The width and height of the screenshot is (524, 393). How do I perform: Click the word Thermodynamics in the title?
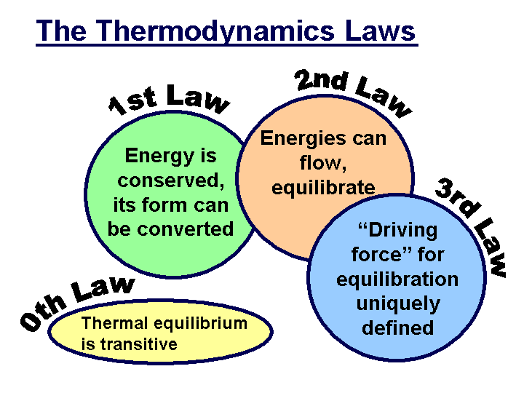[x=216, y=31]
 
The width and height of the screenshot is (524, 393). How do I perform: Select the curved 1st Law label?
[x=170, y=100]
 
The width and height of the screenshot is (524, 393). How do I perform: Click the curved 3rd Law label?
[x=472, y=227]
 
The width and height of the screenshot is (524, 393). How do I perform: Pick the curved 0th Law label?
[x=78, y=303]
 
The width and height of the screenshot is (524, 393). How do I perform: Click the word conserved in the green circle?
[x=171, y=180]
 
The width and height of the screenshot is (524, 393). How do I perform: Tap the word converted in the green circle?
[x=185, y=229]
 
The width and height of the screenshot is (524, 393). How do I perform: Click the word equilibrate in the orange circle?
[x=323, y=188]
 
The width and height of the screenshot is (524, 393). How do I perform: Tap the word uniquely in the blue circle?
[x=398, y=304]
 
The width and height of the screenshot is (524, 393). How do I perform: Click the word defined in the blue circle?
[x=397, y=327]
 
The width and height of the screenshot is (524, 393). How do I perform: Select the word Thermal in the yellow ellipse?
[x=115, y=323]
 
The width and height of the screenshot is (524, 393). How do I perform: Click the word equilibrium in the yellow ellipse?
[x=201, y=324]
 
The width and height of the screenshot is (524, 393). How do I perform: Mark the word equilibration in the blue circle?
[x=397, y=279]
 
